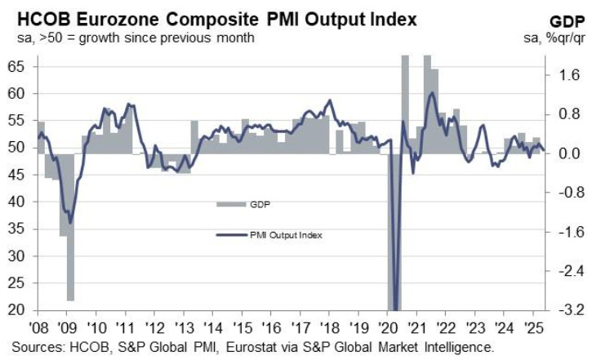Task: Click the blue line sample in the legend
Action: coord(229,236)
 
